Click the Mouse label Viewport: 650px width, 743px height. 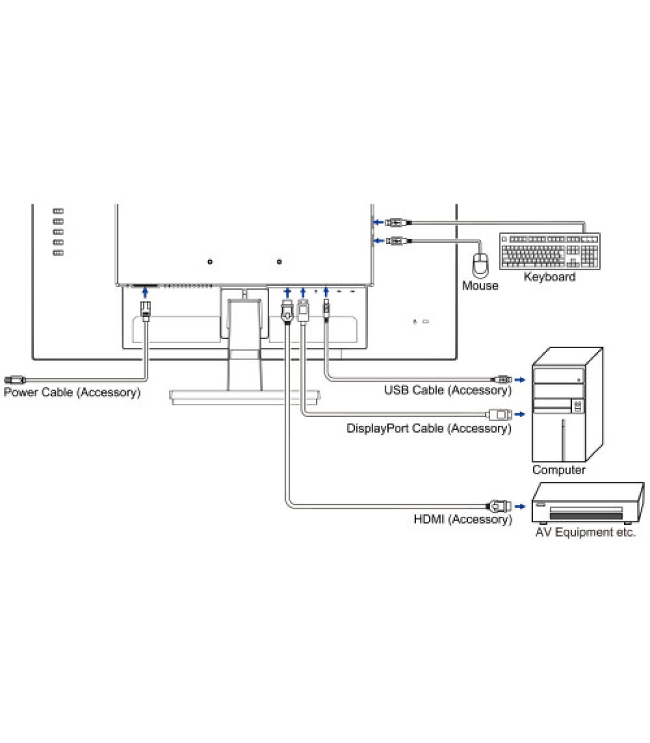(480, 285)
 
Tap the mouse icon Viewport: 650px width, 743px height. (480, 264)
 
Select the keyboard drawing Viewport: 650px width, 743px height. (550, 251)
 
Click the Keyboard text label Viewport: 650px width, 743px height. (549, 277)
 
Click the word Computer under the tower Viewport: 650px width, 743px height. (558, 470)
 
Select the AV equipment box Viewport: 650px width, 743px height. (587, 503)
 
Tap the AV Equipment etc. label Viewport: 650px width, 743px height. (585, 532)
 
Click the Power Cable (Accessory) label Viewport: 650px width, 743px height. (72, 392)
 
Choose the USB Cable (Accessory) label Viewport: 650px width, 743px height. (447, 390)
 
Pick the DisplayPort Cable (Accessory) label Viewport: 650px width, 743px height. (428, 428)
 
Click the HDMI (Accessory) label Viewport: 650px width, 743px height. (463, 519)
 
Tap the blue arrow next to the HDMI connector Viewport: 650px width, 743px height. (519, 506)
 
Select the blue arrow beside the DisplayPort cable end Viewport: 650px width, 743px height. (519, 414)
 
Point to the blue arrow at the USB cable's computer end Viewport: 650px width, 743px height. (519, 379)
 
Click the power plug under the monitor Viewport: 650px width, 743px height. (145, 311)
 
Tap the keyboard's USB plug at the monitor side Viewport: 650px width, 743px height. (395, 222)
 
